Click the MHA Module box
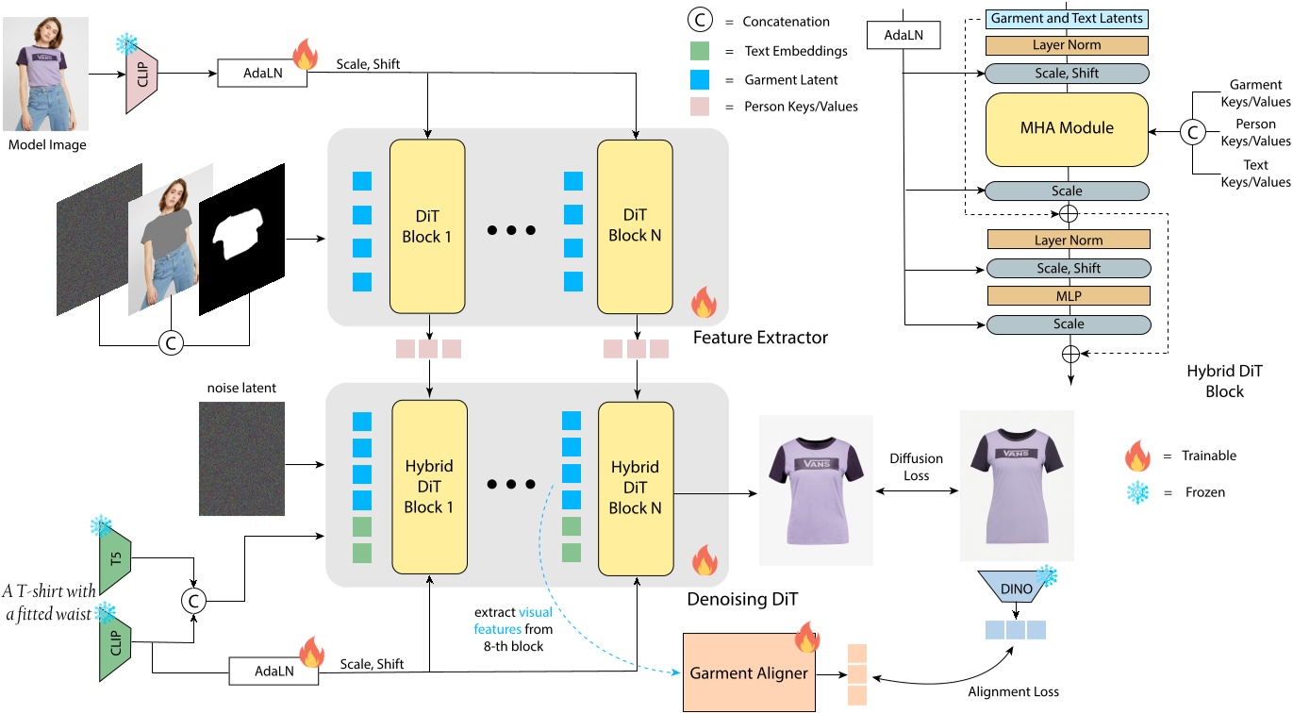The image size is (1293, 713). pos(1067,127)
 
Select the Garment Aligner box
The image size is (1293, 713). pos(749,674)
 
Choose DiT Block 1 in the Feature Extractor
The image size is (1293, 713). pos(427,225)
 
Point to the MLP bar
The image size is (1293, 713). pos(1068,296)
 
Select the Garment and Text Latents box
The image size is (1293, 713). pos(1067,18)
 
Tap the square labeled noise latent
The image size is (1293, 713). pos(241,457)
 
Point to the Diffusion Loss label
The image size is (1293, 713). pos(916,467)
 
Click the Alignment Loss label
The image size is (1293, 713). pos(1014,691)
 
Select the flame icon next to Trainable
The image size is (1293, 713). pos(1138,456)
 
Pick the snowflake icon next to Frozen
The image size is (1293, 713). pos(1138,492)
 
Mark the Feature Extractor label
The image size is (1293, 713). pos(760,337)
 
